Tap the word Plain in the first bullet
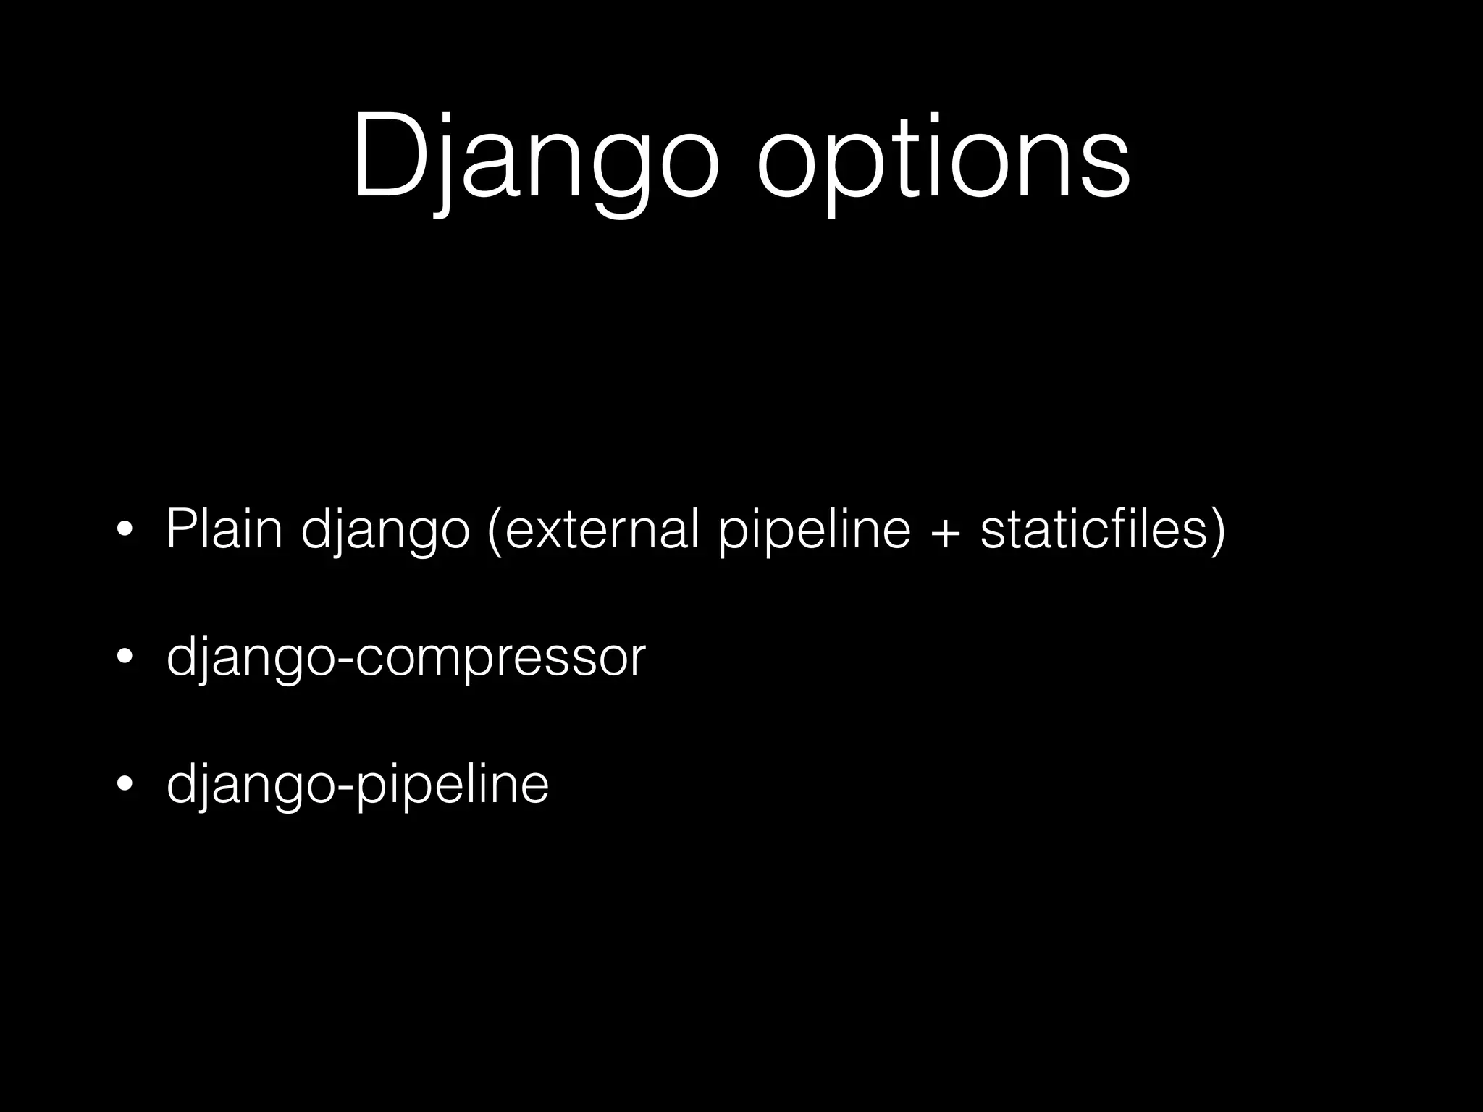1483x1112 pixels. tap(224, 530)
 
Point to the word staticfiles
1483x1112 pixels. tap(1093, 530)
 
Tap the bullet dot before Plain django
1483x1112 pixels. tap(125, 531)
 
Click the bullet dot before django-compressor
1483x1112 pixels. tap(125, 659)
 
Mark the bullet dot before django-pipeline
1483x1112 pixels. tap(125, 786)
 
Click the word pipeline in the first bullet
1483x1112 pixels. tap(815, 531)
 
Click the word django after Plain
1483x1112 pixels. tap(385, 531)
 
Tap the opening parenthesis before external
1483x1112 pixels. tap(495, 531)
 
